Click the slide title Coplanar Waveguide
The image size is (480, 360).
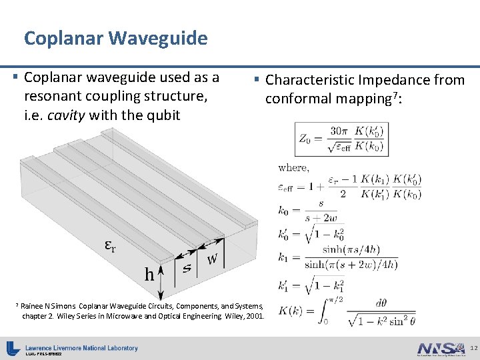pyautogui.click(x=115, y=38)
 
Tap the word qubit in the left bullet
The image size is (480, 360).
pyautogui.click(x=165, y=115)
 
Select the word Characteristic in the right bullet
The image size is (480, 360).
pyautogui.click(x=310, y=80)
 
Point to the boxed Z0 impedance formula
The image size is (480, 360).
pyautogui.click(x=342, y=139)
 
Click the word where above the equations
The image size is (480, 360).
pyautogui.click(x=293, y=168)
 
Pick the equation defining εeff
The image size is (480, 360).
pyautogui.click(x=350, y=186)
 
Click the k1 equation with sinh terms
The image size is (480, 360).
pyautogui.click(x=337, y=257)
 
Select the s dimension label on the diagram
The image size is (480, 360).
pyautogui.click(x=187, y=268)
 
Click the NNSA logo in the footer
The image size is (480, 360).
pyautogui.click(x=440, y=348)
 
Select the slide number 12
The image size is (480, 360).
pyautogui.click(x=473, y=348)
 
